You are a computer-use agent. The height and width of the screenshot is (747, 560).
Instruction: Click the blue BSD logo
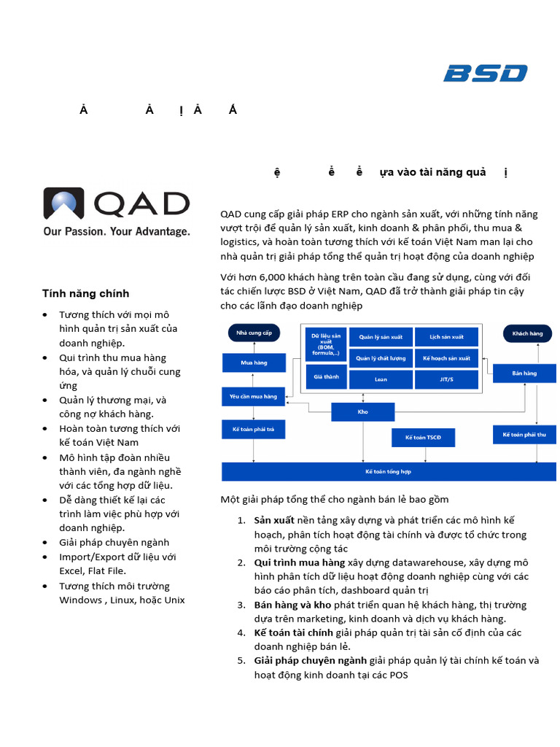(x=485, y=73)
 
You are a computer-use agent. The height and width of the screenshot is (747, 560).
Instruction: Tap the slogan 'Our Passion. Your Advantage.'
(x=117, y=231)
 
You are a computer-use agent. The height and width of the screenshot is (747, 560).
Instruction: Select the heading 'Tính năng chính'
(x=85, y=293)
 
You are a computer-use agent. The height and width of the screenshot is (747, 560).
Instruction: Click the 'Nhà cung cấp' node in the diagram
(x=254, y=333)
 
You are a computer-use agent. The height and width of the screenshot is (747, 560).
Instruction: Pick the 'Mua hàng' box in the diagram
(x=254, y=362)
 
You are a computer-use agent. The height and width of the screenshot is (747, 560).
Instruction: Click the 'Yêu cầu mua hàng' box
(x=254, y=396)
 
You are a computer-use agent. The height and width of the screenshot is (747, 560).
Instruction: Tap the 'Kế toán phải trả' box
(x=254, y=430)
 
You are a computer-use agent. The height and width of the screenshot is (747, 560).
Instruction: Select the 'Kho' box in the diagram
(x=362, y=412)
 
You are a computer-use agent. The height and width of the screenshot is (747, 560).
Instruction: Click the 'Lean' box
(x=381, y=379)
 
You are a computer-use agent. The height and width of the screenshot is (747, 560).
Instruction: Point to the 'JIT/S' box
(x=446, y=379)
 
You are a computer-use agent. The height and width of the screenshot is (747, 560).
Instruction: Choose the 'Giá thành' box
(x=326, y=377)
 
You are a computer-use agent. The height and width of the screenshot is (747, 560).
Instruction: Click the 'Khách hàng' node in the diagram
(x=527, y=333)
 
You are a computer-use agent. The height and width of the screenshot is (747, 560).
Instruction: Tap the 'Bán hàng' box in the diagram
(x=524, y=373)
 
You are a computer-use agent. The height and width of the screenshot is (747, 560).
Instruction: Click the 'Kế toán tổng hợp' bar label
(x=388, y=472)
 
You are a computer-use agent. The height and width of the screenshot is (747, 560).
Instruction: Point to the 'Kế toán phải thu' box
(x=524, y=435)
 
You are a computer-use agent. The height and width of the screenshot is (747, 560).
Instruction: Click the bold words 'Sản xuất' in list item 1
(x=274, y=520)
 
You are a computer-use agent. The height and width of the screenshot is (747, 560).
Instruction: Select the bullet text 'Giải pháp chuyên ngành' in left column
(x=114, y=542)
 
